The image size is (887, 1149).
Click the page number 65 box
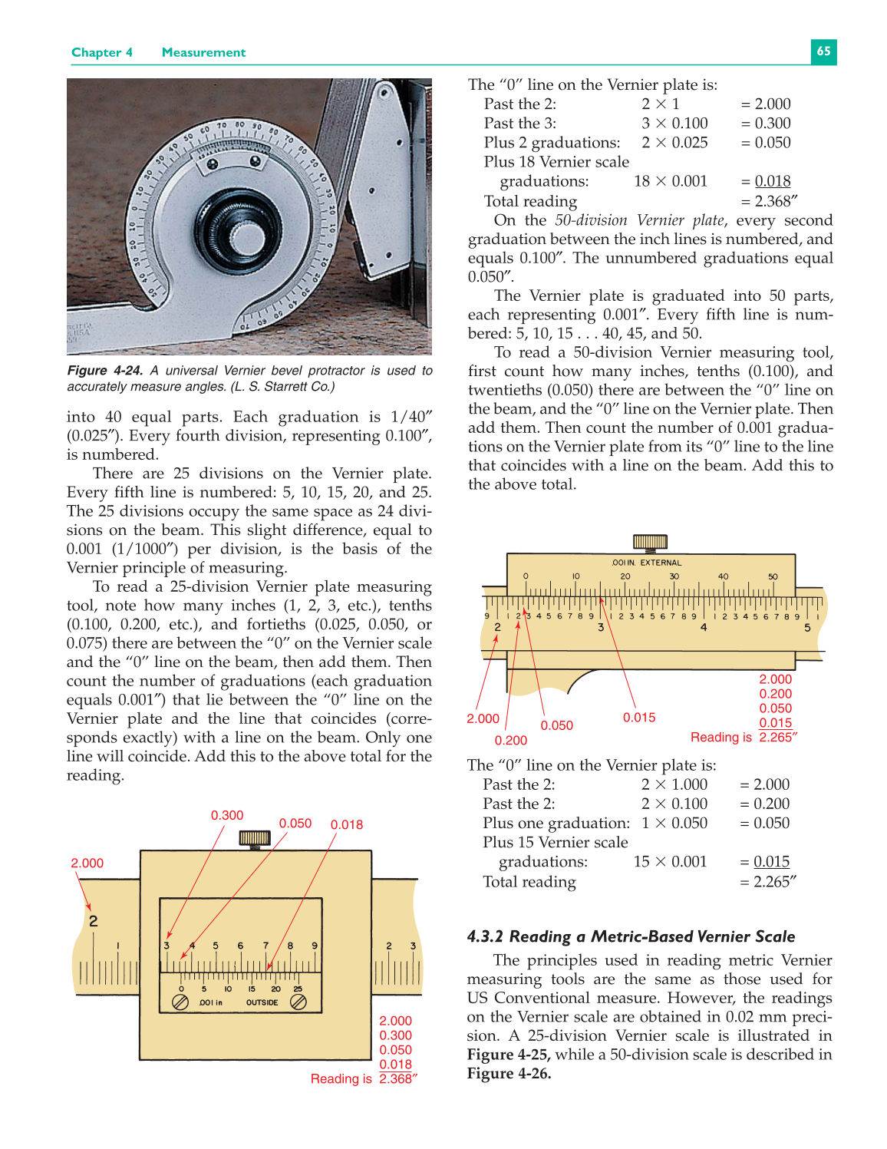click(x=823, y=51)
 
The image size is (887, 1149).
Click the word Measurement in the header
click(x=203, y=52)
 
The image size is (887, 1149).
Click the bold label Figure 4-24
click(x=105, y=371)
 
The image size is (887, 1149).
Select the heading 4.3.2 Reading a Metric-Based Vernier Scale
click(x=631, y=936)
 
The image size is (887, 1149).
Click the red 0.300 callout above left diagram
click(x=227, y=815)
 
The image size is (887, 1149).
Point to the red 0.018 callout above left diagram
click(x=347, y=824)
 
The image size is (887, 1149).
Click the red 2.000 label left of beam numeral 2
click(x=87, y=863)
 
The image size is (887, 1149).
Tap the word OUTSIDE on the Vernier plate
click(x=262, y=1002)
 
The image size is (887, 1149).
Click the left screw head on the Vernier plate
click(x=180, y=1002)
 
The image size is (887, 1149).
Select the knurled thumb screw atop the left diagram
click(x=255, y=838)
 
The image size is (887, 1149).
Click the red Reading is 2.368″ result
click(x=364, y=1078)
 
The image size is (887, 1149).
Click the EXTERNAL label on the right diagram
click(x=661, y=563)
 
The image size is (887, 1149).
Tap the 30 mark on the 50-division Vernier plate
click(x=674, y=576)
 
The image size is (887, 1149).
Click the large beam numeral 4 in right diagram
click(x=704, y=627)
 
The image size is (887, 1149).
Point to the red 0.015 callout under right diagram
click(x=639, y=717)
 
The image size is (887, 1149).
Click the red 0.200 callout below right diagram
click(x=511, y=740)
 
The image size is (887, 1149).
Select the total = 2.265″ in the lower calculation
click(x=768, y=882)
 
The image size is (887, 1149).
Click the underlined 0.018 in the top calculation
click(x=773, y=181)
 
